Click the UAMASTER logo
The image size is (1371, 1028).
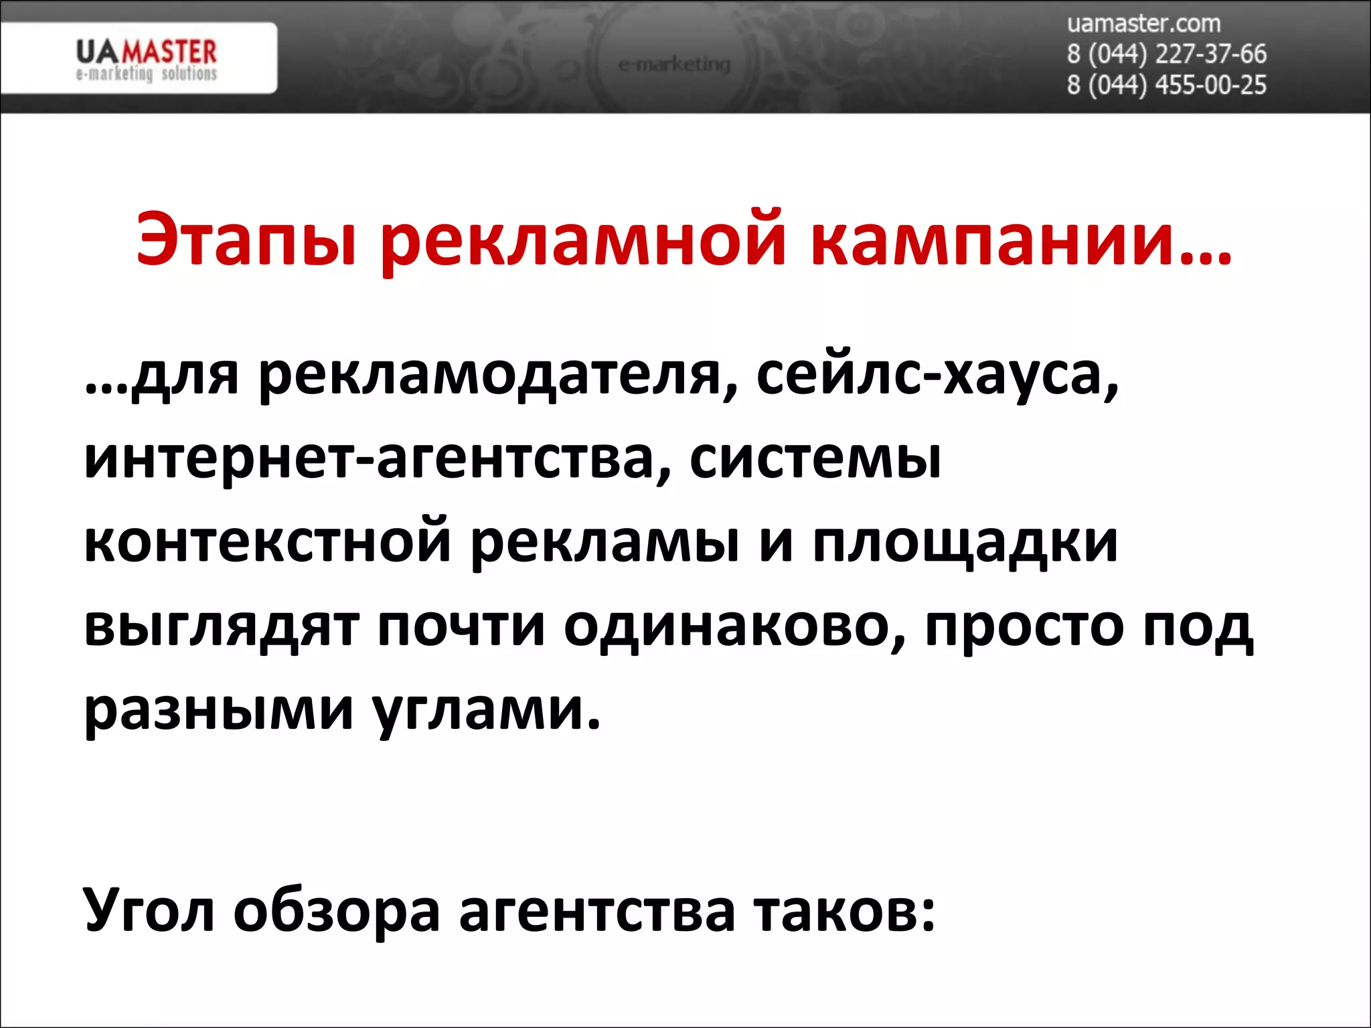(146, 59)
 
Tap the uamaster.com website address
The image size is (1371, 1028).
(1143, 24)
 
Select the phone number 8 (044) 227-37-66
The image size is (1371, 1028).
(1166, 54)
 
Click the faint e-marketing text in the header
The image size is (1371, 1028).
(674, 65)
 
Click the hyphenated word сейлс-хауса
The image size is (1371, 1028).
(937, 376)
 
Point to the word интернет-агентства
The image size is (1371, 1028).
(378, 460)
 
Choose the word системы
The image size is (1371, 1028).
(815, 460)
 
